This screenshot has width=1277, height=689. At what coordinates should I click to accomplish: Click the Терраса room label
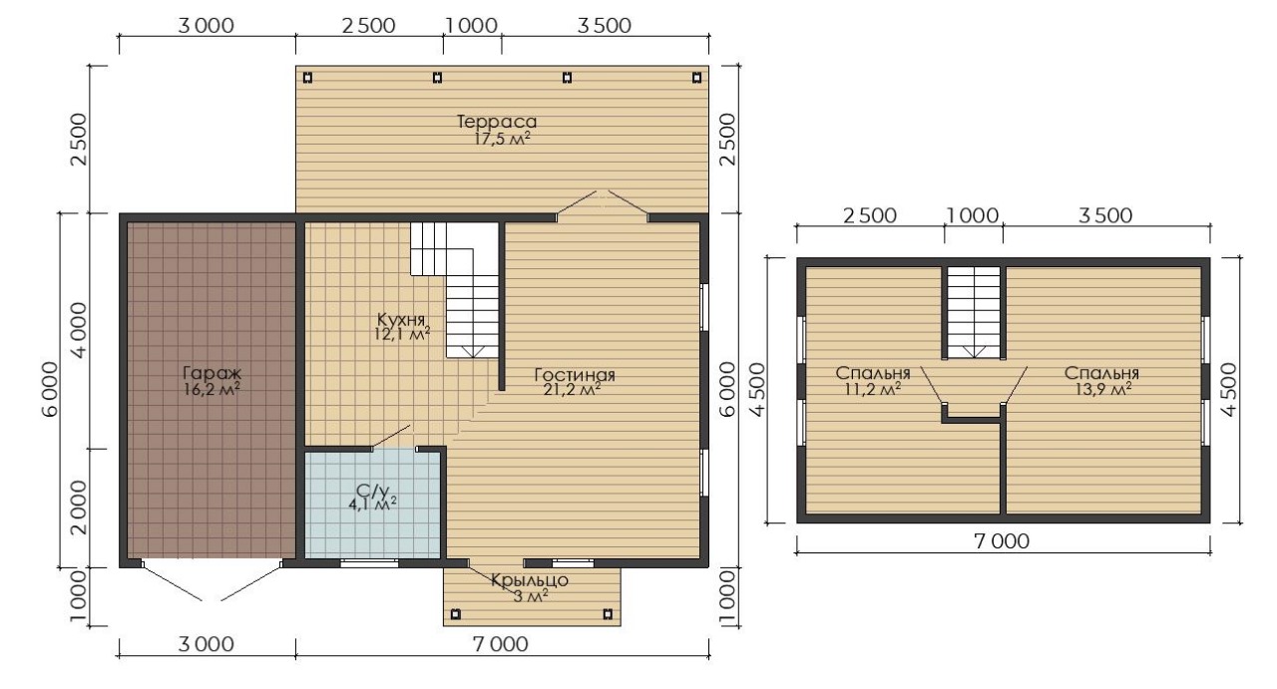497,122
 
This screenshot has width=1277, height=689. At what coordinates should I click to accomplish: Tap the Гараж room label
213,374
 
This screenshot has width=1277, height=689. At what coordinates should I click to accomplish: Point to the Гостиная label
575,375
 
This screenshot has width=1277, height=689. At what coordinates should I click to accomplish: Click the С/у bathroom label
372,491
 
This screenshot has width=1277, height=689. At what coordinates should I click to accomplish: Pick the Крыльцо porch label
530,580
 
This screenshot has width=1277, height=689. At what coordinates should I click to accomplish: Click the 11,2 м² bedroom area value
872,390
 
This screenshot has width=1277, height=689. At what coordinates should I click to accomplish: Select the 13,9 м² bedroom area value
1100,390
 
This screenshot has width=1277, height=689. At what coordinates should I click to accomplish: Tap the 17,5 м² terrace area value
502,139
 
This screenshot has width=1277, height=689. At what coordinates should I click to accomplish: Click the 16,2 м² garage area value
212,391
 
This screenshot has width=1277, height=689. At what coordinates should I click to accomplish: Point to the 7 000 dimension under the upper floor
1002,540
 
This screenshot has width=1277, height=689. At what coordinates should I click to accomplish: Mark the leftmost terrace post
308,78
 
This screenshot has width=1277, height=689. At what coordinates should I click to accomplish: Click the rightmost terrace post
696,78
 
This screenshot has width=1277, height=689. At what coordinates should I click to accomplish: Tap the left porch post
456,614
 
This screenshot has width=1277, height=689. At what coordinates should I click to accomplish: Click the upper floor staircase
974,312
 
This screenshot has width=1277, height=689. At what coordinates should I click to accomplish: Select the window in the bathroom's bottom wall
369,563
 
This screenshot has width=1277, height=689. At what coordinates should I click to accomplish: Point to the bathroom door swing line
391,436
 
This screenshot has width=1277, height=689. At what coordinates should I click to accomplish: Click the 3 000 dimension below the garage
206,644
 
